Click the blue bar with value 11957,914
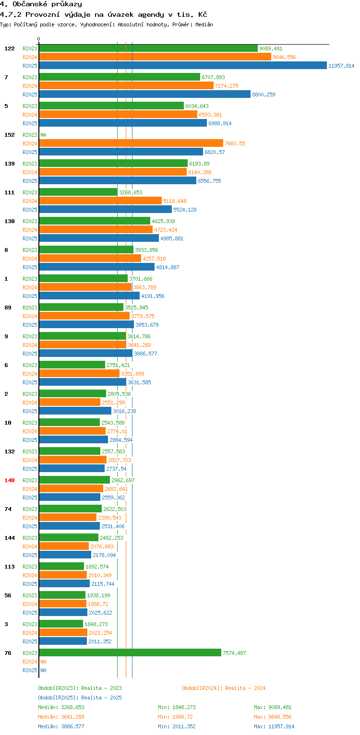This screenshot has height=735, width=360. [x=183, y=66]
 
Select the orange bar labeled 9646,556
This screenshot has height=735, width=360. [x=155, y=57]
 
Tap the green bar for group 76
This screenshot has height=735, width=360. [x=130, y=653]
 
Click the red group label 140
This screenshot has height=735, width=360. [x=10, y=480]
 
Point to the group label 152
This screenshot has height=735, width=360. [x=10, y=135]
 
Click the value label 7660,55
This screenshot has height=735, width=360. [x=235, y=143]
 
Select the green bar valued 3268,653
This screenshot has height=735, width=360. [x=78, y=192]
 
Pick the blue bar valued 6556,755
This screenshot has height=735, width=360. [x=118, y=181]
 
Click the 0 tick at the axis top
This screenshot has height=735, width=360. [x=39, y=39]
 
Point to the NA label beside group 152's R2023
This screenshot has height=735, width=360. [x=43, y=135]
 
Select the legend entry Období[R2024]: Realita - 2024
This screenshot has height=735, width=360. [x=224, y=688]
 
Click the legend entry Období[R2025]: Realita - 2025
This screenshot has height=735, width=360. [x=80, y=698]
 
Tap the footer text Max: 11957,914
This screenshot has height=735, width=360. [x=274, y=726]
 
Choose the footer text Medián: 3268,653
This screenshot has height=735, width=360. [x=61, y=707]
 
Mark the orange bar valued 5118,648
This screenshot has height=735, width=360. [x=100, y=201]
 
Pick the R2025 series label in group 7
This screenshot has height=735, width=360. [x=30, y=95]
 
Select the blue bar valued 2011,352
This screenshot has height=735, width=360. [x=63, y=641]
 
